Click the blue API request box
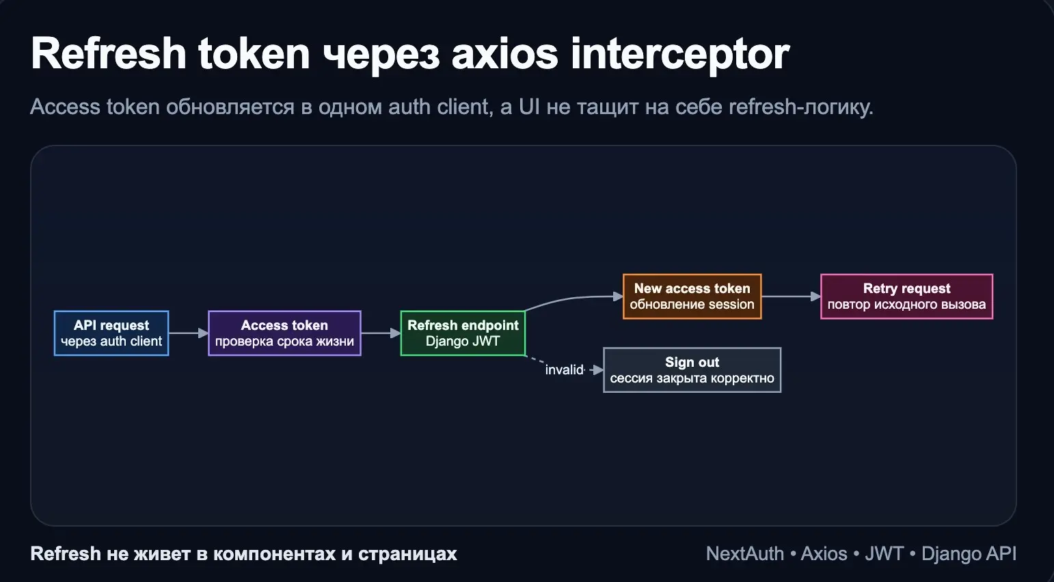[111, 333]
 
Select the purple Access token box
[284, 333]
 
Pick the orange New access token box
[692, 296]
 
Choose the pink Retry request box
[906, 296]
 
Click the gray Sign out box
[692, 370]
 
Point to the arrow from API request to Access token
[188, 333]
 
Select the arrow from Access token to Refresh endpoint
[380, 333]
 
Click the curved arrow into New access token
[574, 299]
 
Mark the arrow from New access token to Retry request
[791, 296]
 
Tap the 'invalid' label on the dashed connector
[564, 370]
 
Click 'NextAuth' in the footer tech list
[744, 554]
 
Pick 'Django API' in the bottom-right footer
[969, 554]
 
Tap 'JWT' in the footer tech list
[884, 554]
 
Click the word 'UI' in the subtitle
[529, 107]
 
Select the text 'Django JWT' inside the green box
[463, 342]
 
